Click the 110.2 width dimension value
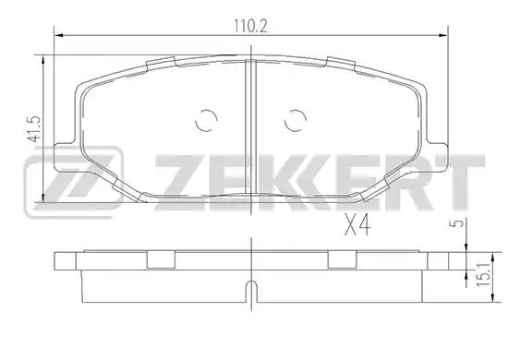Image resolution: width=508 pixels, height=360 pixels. [250, 26]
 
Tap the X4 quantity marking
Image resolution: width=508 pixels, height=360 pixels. [357, 225]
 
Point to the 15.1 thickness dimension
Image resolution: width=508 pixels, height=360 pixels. [483, 274]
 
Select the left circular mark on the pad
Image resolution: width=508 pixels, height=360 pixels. [206, 120]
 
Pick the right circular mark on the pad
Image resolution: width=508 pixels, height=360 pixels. [296, 120]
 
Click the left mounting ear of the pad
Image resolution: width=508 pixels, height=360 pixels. [65, 157]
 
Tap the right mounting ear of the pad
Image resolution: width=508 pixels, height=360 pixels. [438, 157]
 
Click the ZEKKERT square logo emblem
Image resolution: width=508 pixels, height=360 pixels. [73, 182]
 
